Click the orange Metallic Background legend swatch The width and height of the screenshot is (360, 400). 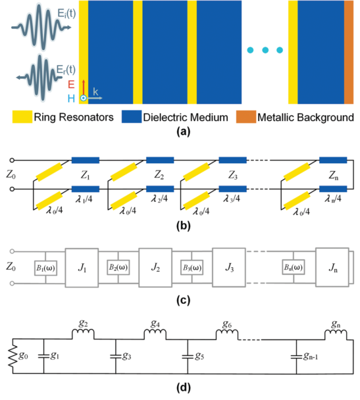(246, 117)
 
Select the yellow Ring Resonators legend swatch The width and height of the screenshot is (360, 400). (22, 117)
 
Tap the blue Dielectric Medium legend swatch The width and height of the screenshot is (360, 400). (132, 117)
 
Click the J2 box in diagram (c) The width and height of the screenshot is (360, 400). (155, 268)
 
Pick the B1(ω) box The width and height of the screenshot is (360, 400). (45, 268)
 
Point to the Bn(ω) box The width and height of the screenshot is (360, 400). (294, 267)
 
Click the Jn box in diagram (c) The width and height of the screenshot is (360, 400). (332, 267)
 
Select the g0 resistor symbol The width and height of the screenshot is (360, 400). (13, 356)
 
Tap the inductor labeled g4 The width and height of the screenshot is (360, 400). (155, 334)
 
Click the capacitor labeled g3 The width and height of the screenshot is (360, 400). (116, 357)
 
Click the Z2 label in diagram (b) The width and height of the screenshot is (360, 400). (159, 175)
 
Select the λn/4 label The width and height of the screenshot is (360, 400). (333, 199)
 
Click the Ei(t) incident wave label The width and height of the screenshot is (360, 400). (66, 13)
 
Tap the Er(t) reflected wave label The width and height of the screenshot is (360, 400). (66, 69)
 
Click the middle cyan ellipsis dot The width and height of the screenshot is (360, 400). (265, 50)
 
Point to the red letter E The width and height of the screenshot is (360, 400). (71, 84)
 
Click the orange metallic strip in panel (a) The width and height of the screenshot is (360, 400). (349, 52)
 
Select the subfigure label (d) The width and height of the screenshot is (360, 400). (184, 387)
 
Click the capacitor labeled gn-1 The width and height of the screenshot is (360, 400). (296, 357)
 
